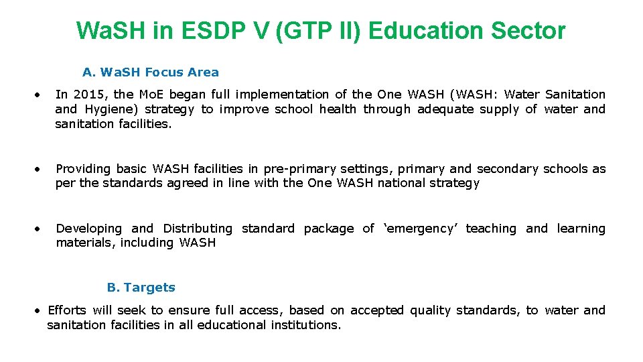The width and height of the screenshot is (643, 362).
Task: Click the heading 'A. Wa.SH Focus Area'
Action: point(151,72)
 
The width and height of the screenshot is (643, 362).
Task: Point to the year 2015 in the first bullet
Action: point(85,95)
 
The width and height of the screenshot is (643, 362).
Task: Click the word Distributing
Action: point(198,229)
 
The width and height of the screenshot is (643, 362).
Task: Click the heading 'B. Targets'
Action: point(141,288)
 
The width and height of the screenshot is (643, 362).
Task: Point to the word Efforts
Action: point(67,310)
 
